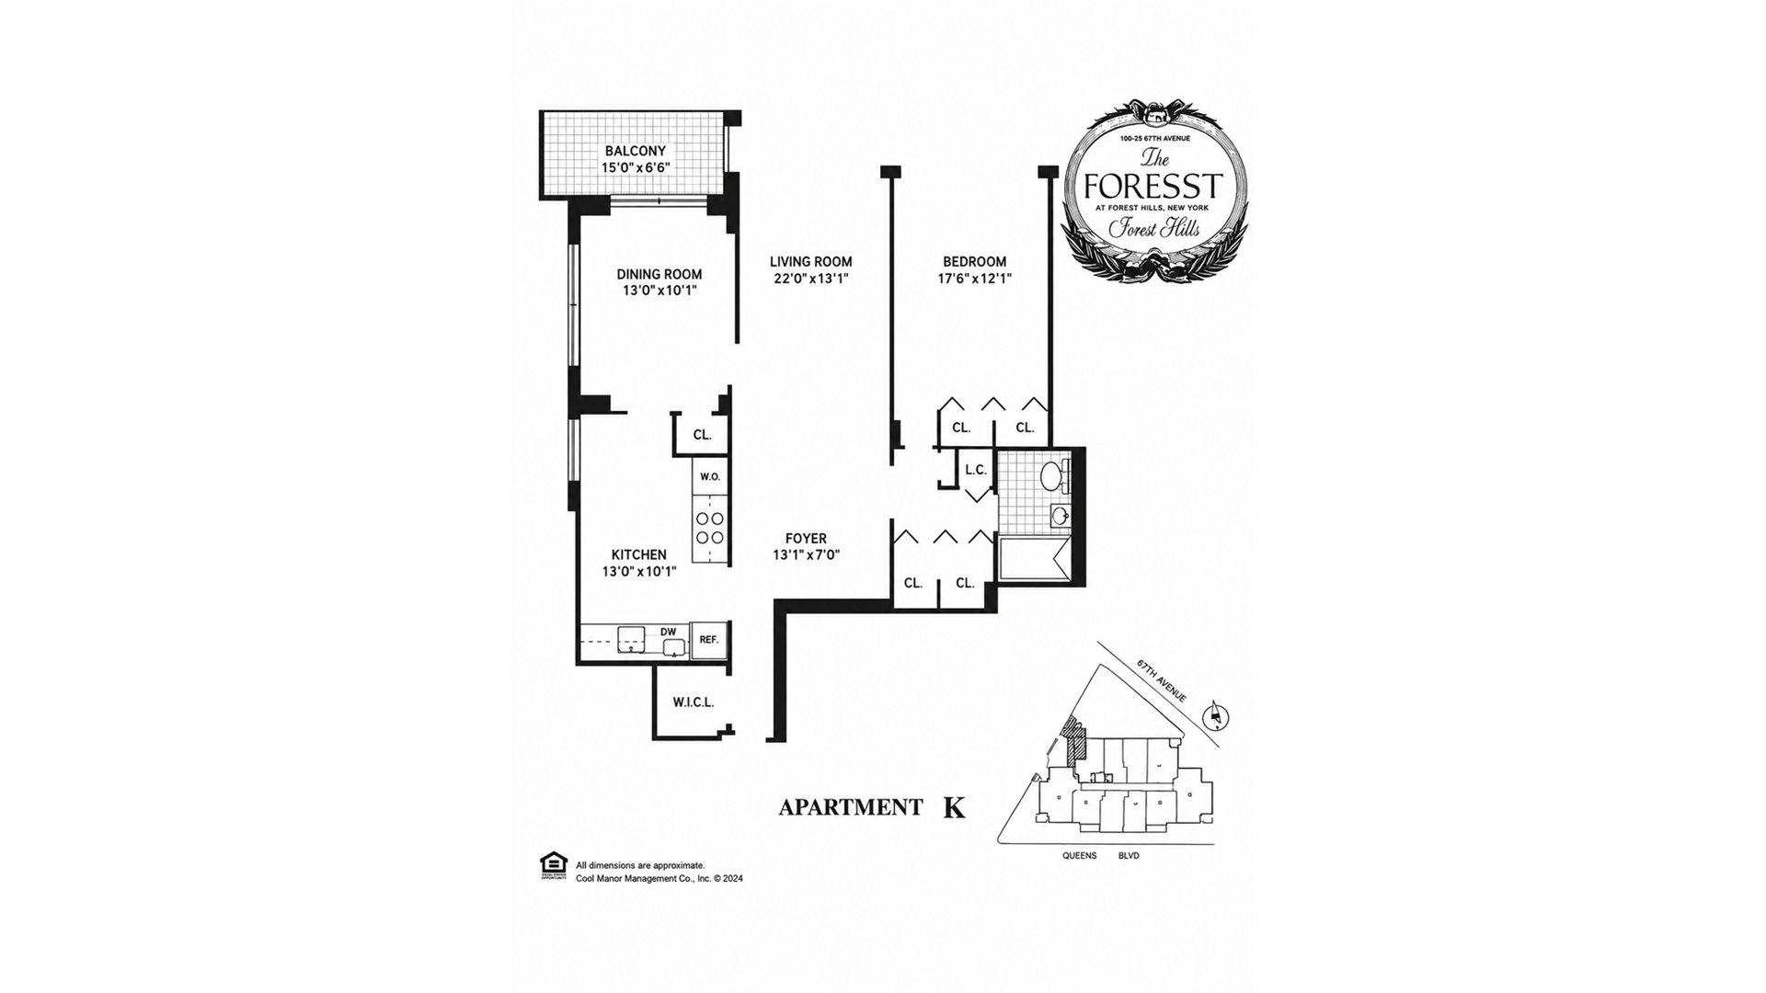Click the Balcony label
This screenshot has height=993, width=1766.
(x=635, y=151)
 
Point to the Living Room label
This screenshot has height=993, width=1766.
(x=811, y=262)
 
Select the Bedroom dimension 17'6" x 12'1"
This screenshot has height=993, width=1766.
(x=975, y=279)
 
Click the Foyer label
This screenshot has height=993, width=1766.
(x=806, y=539)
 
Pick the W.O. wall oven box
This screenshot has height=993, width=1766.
(x=710, y=477)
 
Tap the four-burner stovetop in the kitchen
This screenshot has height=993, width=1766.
(x=710, y=528)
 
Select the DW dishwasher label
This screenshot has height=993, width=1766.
(x=669, y=632)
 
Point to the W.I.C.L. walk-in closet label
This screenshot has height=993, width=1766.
(x=694, y=703)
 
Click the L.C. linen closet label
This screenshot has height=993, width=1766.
(x=976, y=470)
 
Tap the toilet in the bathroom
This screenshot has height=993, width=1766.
(x=1052, y=475)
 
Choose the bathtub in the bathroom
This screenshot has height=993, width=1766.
(x=1035, y=559)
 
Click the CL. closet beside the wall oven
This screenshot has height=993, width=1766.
(x=702, y=435)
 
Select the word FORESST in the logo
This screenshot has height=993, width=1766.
(x=1153, y=187)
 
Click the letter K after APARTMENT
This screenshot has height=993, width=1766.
(x=955, y=808)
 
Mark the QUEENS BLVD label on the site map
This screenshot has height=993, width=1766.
(x=1101, y=855)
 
